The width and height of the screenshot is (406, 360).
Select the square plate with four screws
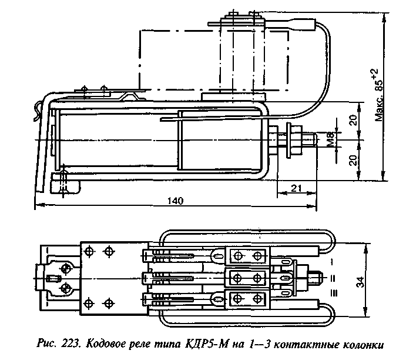98,276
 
